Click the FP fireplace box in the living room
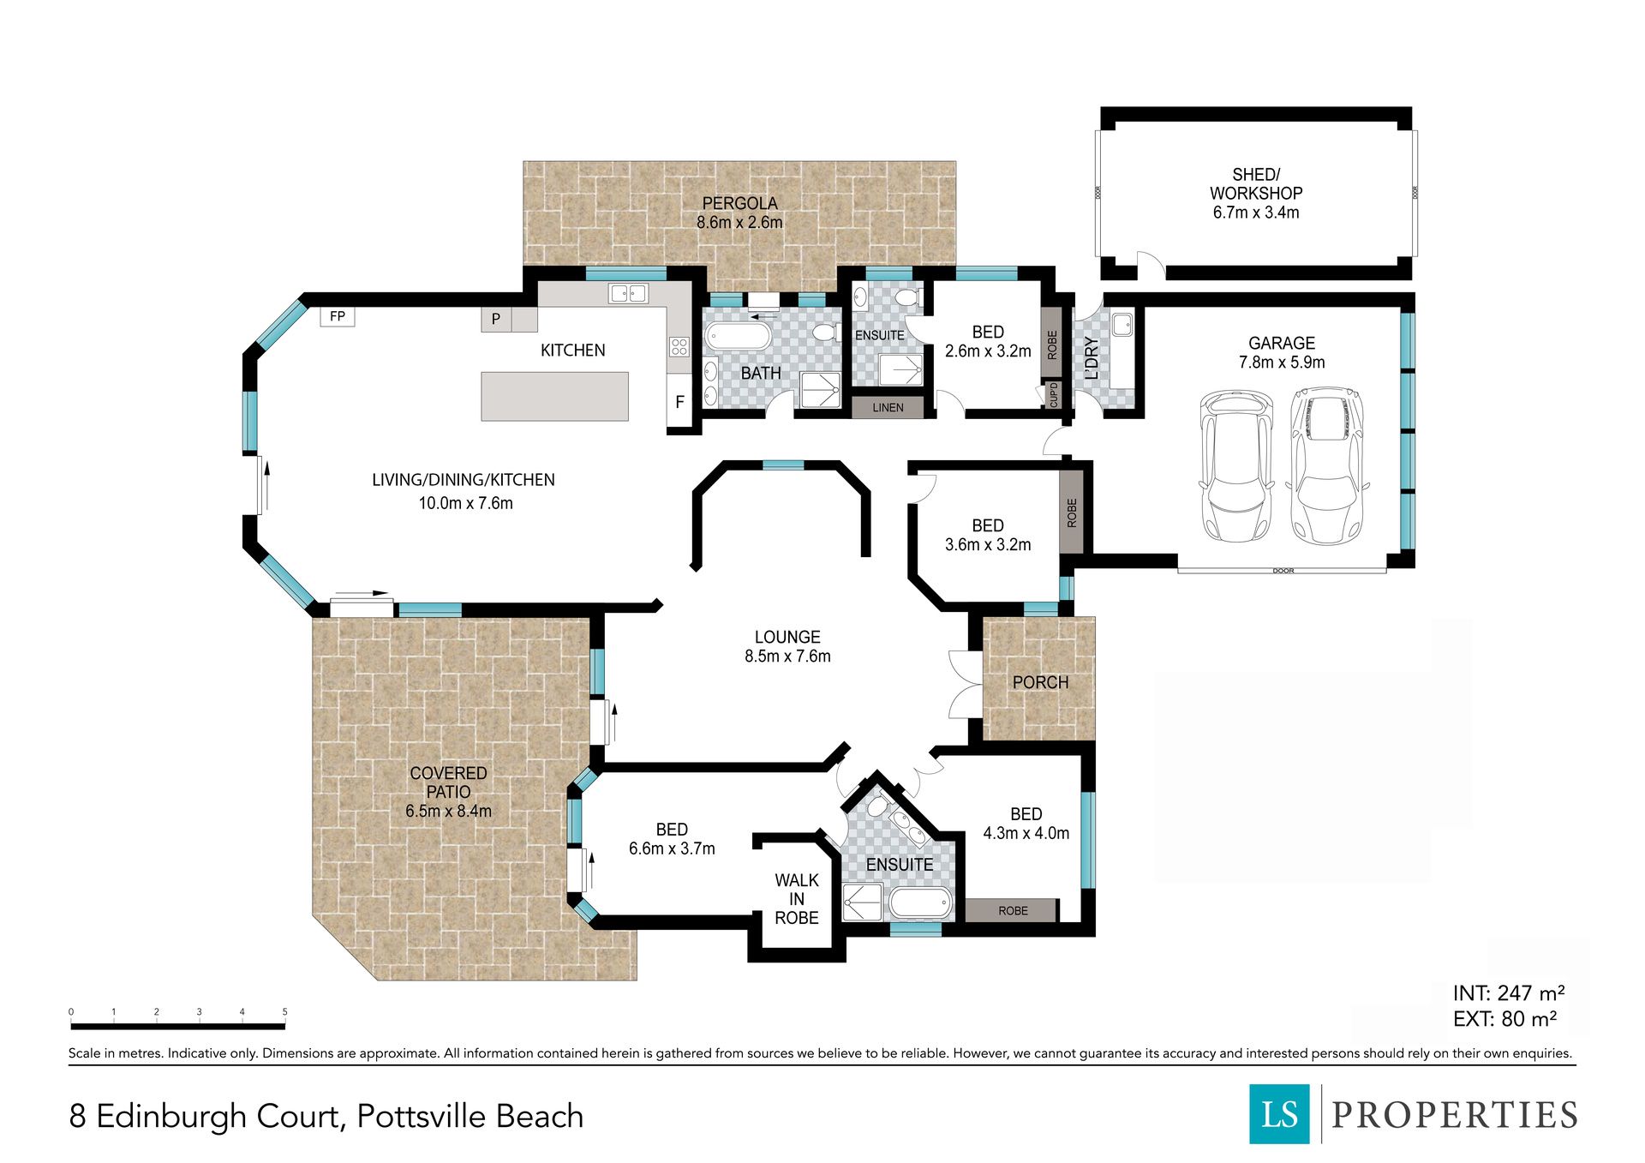[338, 316]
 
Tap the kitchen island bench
[554, 396]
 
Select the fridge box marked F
[679, 401]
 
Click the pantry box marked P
[496, 320]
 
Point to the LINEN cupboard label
[888, 407]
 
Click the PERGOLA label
[740, 204]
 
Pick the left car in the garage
[1236, 465]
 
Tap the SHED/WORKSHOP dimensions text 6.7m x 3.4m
[1256, 213]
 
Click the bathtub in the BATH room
[738, 335]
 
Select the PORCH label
[1040, 682]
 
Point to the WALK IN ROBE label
[797, 899]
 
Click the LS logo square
[1279, 1113]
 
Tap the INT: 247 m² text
[1509, 992]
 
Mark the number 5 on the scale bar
[284, 1012]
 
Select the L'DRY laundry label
[1092, 358]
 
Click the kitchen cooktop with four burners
[679, 346]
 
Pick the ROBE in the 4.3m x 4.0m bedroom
[1013, 910]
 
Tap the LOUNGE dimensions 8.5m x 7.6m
[787, 656]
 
